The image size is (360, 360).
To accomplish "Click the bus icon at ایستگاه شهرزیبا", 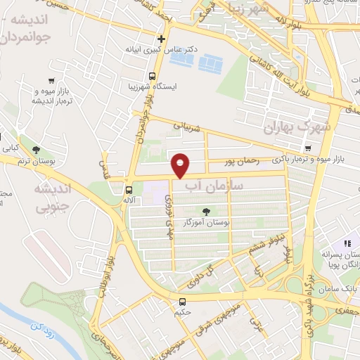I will (152, 77).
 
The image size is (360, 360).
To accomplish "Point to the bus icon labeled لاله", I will (128, 189).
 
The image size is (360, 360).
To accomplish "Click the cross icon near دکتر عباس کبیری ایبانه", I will (162, 39).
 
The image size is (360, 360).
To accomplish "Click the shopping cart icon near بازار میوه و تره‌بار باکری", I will (309, 148).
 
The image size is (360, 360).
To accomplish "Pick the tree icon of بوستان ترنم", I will (35, 149).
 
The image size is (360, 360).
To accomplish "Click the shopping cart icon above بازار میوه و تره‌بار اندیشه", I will (51, 79).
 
